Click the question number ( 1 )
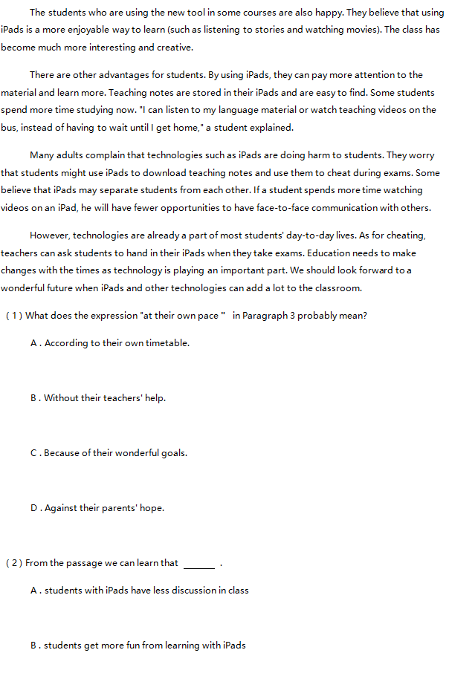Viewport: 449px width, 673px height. [14, 316]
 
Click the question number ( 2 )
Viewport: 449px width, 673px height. [14, 563]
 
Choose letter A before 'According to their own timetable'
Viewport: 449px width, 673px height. [34, 343]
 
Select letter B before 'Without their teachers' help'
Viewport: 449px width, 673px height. [34, 398]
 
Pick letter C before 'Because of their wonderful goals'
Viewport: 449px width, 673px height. [34, 453]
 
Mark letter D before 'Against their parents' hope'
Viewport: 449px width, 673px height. [34, 508]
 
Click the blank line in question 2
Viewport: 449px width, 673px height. [198, 566]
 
